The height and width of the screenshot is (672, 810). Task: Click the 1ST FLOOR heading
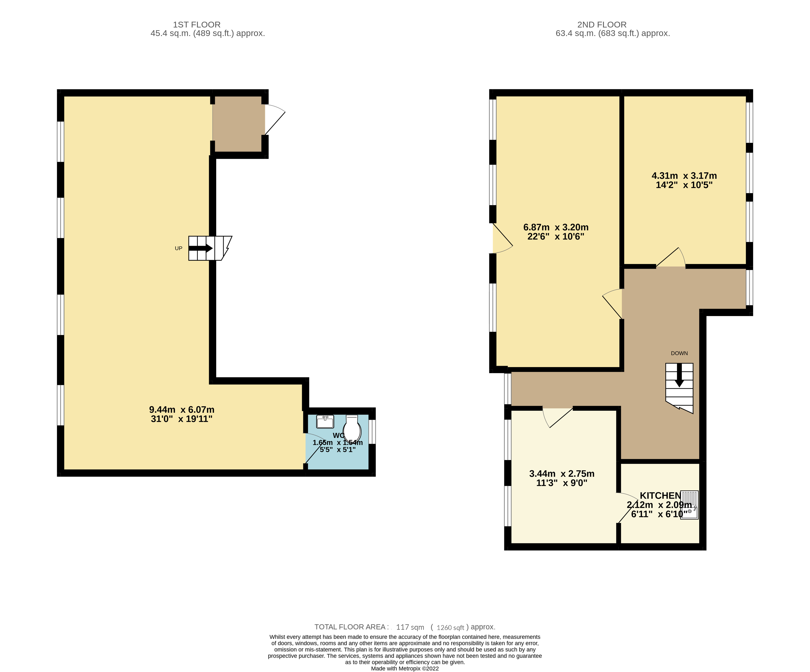197,25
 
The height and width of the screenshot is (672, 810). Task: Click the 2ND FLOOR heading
602,25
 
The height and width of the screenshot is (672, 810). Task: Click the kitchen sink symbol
689,505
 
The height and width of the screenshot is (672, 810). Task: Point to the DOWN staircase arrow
679,375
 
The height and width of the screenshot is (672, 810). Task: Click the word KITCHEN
660,495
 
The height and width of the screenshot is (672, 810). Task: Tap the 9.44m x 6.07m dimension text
182,414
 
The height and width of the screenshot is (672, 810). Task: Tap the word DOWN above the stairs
679,353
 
